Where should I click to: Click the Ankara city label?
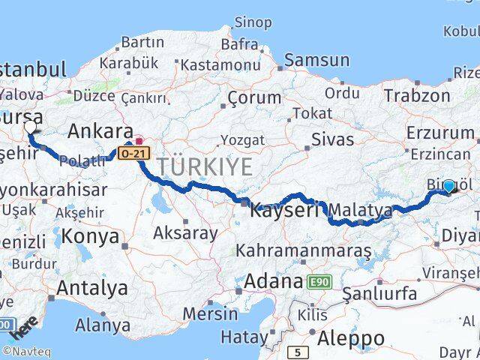click(100, 131)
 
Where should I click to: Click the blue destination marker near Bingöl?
click(448, 187)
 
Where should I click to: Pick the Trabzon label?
click(417, 95)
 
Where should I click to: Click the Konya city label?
click(91, 237)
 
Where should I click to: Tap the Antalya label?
click(92, 288)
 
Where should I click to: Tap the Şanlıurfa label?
click(379, 294)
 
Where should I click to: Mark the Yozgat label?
click(241, 140)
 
